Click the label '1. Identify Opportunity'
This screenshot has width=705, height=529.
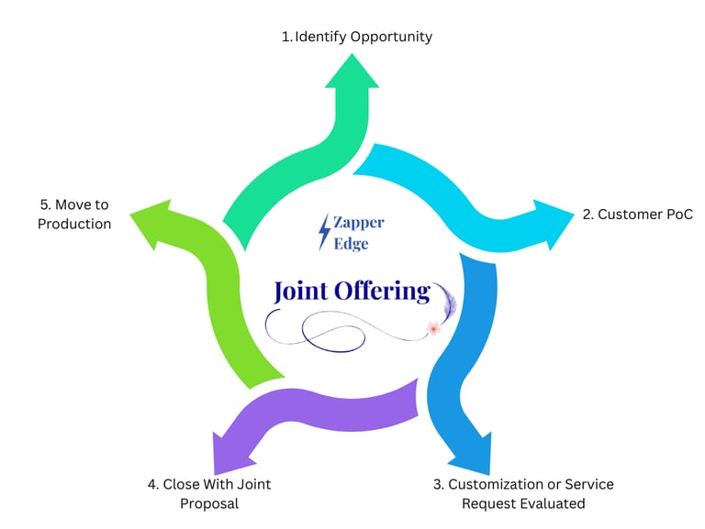tap(356, 37)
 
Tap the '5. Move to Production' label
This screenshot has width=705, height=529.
tap(74, 215)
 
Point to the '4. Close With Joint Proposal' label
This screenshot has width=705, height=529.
tap(209, 493)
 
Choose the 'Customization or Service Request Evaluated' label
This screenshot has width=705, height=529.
tap(523, 493)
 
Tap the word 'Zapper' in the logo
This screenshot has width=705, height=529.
tap(359, 223)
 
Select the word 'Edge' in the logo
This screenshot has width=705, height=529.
tap(351, 245)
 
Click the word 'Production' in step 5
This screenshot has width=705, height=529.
tap(74, 224)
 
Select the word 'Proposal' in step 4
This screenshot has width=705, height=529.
tap(209, 503)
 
